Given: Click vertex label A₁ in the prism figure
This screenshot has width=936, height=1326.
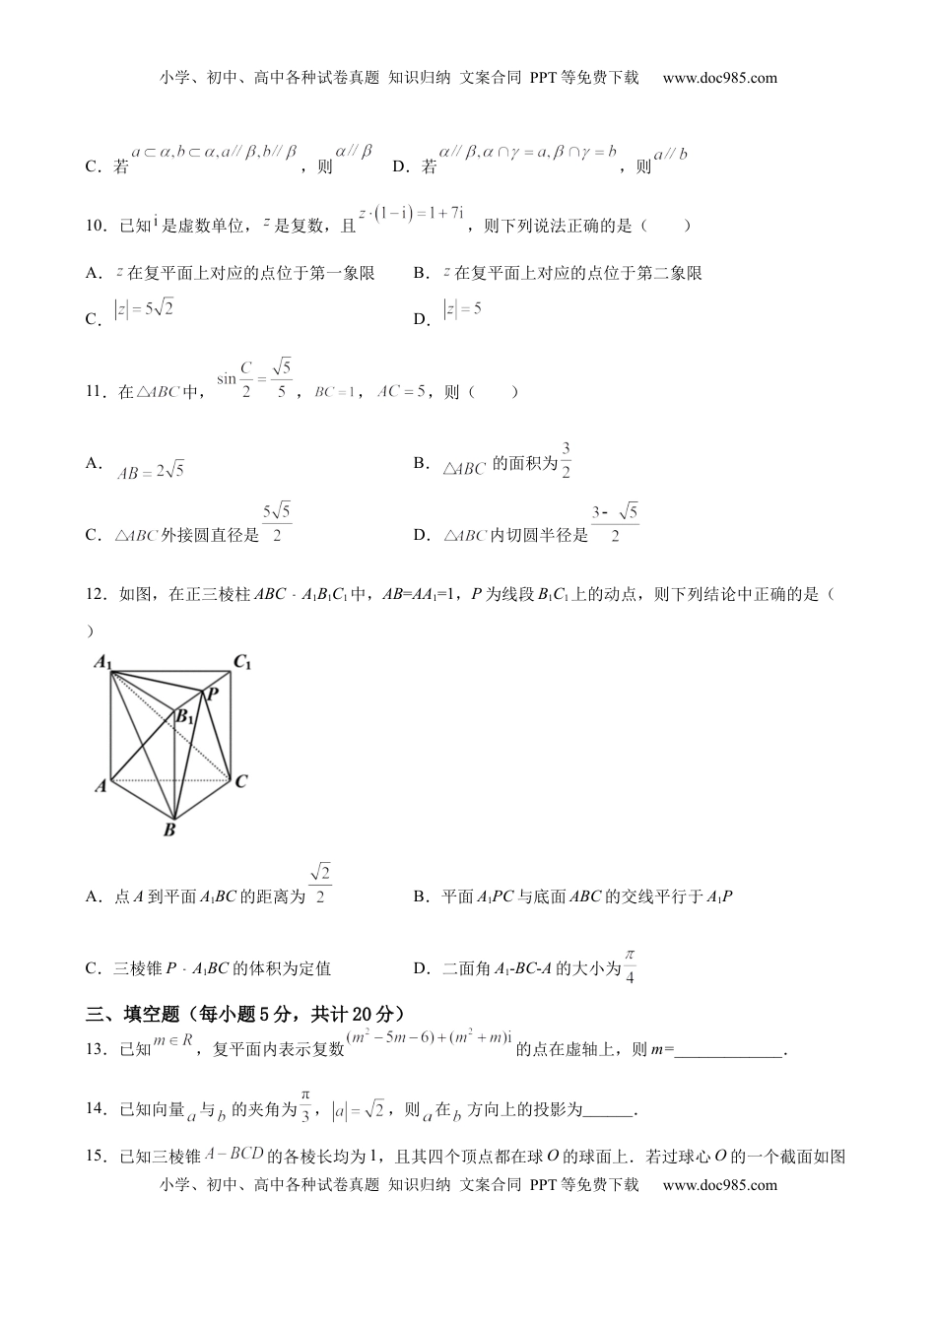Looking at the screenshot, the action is [x=101, y=662].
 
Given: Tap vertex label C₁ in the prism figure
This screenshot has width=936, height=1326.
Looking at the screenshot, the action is [x=242, y=662].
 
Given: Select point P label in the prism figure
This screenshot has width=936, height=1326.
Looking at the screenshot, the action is [x=211, y=694].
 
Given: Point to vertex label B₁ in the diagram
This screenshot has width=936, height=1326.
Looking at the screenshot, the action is [x=184, y=717].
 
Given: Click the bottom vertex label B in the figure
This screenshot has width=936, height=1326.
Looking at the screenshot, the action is [x=169, y=830].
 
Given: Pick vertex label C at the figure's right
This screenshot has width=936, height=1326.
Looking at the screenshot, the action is [x=241, y=781].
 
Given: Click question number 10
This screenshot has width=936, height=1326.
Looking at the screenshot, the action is [x=96, y=226].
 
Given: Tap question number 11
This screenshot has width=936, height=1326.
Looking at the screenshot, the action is [x=96, y=391].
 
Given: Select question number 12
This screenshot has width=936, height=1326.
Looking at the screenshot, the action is [x=96, y=594].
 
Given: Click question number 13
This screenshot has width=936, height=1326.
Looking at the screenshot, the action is [x=96, y=1049].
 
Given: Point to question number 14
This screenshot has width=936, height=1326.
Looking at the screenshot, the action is [x=96, y=1110].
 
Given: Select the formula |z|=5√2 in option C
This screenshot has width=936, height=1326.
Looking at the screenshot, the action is [x=144, y=309].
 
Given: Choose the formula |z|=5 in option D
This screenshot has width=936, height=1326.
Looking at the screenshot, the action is [x=463, y=309].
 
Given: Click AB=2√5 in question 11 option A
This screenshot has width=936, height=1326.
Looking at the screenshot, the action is [x=150, y=472].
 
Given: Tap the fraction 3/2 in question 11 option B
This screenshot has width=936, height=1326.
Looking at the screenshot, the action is [x=567, y=460].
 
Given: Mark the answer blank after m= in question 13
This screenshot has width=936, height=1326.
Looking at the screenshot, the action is [x=729, y=1050].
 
